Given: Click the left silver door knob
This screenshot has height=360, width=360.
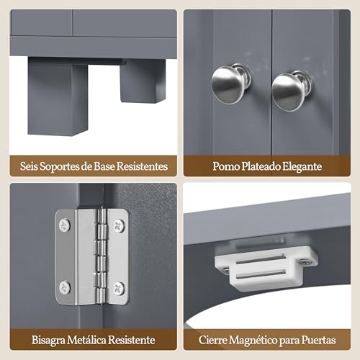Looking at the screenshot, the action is click(230, 84).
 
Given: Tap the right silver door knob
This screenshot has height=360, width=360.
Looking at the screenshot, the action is click(291, 91).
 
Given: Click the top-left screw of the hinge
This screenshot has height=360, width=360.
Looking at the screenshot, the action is click(65, 225).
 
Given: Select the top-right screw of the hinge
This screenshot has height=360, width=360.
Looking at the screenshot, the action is click(119, 225).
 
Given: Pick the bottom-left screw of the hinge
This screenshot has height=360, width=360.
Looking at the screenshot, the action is click(65, 287).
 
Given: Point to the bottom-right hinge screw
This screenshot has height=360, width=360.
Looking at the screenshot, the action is click(119, 289).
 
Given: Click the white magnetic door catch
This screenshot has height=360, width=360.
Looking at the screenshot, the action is click(266, 268).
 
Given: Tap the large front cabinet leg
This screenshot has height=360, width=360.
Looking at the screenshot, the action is click(58, 96).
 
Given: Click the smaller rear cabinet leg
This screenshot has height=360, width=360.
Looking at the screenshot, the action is click(143, 81).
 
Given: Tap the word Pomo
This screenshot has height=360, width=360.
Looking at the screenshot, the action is click(226, 166).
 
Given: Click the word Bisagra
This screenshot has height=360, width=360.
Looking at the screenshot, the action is click(48, 341).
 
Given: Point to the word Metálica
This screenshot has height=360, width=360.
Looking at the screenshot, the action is click(86, 340).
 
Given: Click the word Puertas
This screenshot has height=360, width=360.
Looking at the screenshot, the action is click(318, 340).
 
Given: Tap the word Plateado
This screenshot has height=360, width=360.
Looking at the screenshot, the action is click(261, 166).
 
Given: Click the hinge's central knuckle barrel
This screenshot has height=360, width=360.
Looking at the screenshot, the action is click(102, 257).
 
